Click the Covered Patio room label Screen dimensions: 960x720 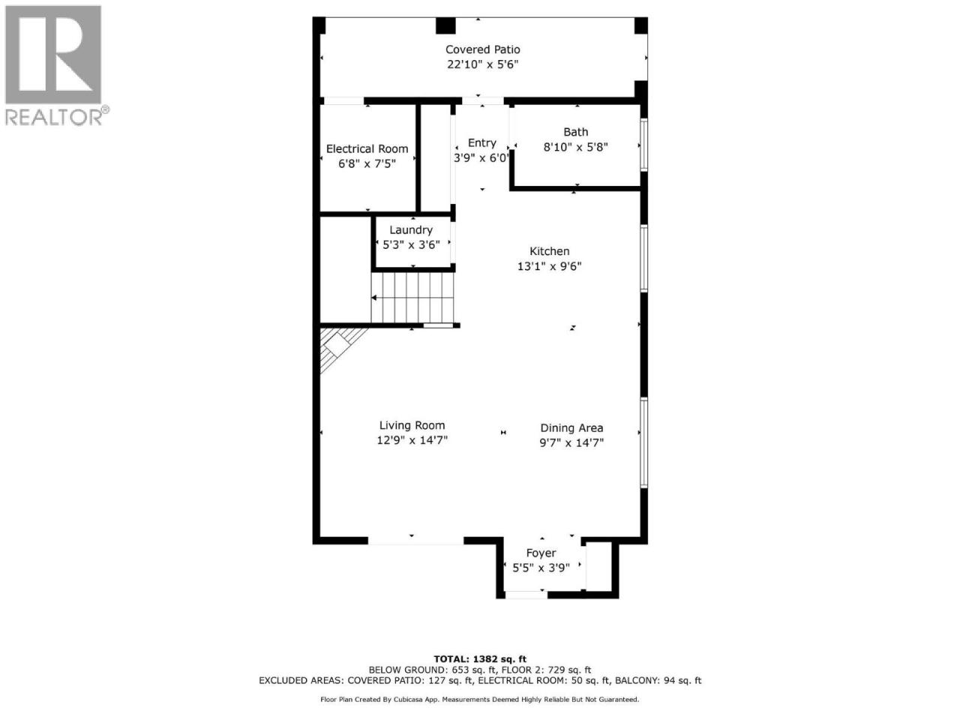(x=482, y=49)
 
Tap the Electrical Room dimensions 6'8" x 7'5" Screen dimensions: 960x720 (x=367, y=164)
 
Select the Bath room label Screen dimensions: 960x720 (x=575, y=131)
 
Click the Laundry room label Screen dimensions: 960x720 (x=411, y=230)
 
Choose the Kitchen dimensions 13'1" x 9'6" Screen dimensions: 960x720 (x=549, y=266)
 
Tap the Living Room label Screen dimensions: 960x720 (x=412, y=425)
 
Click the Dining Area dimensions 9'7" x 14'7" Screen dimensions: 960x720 (x=571, y=442)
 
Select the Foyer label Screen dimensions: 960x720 (x=541, y=553)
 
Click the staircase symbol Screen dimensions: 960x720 (x=412, y=298)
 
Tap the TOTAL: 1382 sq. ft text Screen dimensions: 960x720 (x=480, y=658)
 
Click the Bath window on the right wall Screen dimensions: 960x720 (x=643, y=144)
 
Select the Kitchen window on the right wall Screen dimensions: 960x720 (x=643, y=258)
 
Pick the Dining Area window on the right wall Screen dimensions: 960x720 (x=643, y=442)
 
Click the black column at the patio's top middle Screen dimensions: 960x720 (x=445, y=25)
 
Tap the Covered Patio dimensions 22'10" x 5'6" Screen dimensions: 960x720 (x=482, y=64)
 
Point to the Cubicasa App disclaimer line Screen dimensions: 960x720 (x=479, y=700)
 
